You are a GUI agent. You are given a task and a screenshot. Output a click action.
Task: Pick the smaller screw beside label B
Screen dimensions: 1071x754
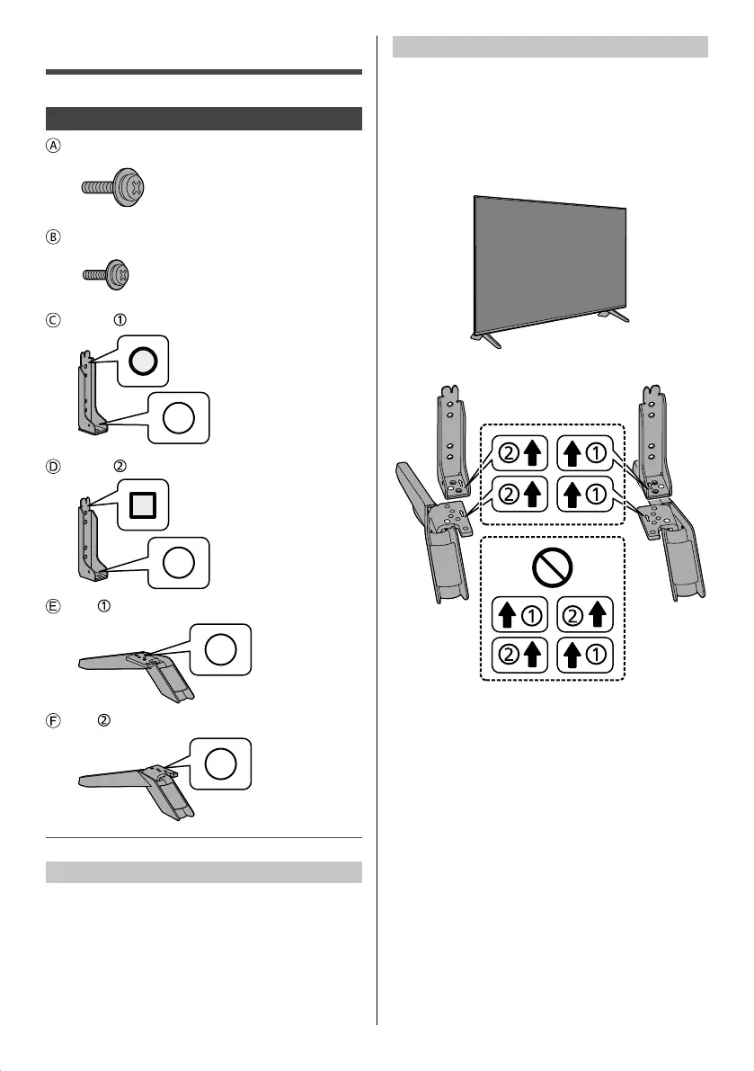click(106, 273)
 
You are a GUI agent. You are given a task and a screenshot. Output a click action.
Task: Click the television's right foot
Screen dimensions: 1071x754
click(615, 315)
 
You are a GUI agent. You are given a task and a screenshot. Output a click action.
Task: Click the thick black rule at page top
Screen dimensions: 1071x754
click(203, 71)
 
